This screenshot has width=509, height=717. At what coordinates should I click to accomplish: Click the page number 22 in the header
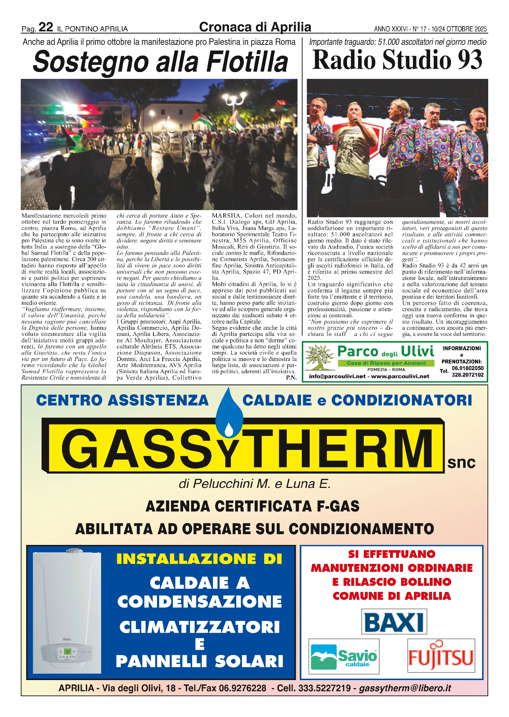(x=46, y=27)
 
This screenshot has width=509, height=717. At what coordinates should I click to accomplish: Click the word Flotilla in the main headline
(x=247, y=62)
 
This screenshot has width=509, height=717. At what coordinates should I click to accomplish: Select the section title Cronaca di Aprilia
(x=255, y=27)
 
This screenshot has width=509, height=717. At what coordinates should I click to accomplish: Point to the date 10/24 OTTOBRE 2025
(x=459, y=29)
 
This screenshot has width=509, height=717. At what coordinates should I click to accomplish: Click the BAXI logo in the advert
(x=394, y=622)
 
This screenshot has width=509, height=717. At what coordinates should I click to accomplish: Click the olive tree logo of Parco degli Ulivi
(x=318, y=357)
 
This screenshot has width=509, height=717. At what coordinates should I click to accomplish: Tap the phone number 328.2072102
(x=467, y=375)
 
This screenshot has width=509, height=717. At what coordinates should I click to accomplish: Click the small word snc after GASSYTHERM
(x=461, y=462)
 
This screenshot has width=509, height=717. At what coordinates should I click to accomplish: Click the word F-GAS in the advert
(x=338, y=506)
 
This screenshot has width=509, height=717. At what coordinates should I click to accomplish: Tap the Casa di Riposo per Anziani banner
(x=386, y=363)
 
